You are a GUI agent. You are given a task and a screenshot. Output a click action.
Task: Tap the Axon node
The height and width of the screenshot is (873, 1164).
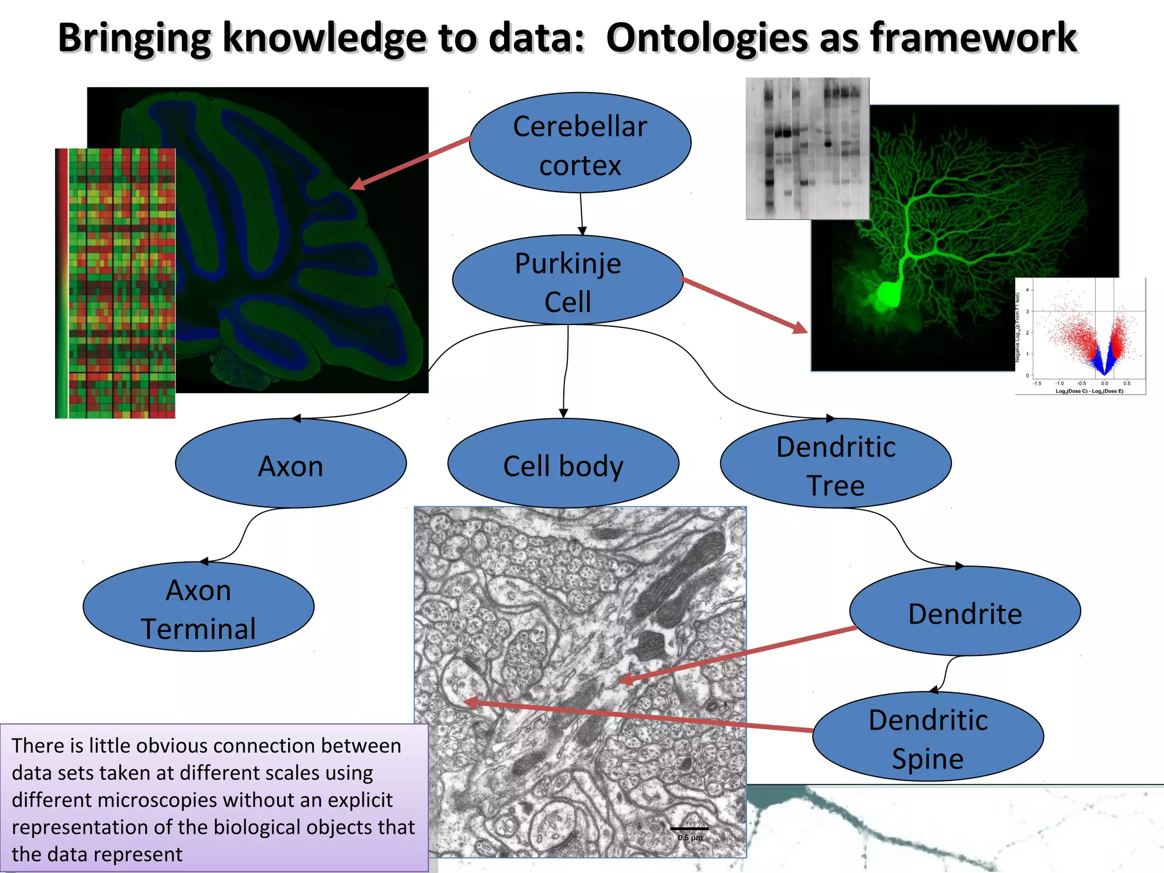pos(290,464)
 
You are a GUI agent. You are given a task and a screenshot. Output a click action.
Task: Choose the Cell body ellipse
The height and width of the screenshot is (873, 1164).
pos(563,464)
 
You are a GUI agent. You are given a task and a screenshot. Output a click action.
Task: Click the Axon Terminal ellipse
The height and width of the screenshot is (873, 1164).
pos(198,607)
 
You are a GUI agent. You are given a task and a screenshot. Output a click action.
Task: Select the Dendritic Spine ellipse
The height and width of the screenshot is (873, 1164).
pos(928,737)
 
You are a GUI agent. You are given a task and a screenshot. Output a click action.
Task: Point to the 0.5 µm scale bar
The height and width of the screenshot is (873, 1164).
pos(689,829)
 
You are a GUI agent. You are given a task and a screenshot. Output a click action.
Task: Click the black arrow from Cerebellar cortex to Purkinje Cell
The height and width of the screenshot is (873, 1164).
pos(581,213)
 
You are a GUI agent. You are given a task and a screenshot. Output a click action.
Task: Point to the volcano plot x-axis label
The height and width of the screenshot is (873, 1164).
pos(1089,391)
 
